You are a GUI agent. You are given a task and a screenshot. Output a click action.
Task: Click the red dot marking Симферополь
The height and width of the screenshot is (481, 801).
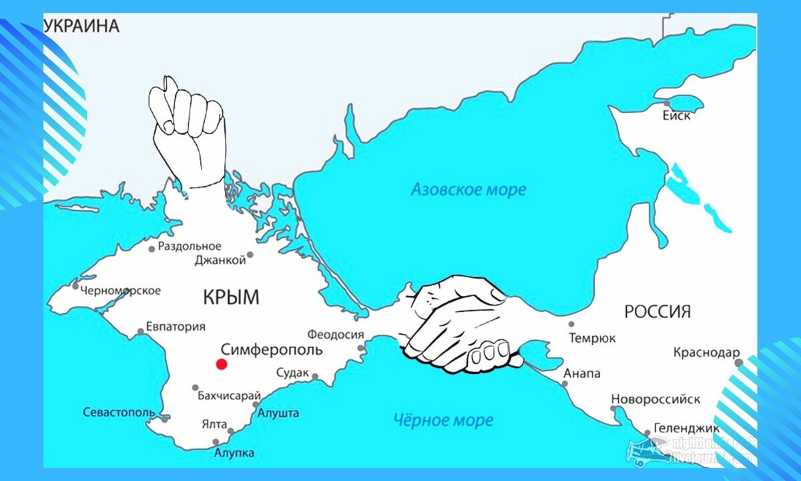click(x=222, y=364)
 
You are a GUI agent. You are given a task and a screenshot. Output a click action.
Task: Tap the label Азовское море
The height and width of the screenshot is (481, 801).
click(x=468, y=190)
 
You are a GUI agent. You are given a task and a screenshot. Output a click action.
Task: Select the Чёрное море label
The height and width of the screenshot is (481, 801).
click(x=443, y=420)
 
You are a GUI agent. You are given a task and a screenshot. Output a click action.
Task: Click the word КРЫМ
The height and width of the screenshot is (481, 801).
click(x=230, y=297)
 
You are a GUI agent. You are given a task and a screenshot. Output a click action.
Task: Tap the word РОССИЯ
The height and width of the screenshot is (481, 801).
click(x=657, y=311)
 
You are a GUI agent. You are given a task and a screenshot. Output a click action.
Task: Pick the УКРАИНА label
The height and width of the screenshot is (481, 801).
click(x=81, y=27)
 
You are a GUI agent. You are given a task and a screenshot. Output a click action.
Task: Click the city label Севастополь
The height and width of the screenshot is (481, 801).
click(x=119, y=412)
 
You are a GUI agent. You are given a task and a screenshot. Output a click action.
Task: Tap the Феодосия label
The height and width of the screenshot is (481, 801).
click(x=336, y=335)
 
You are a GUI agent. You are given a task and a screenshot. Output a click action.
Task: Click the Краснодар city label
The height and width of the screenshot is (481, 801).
click(x=706, y=352)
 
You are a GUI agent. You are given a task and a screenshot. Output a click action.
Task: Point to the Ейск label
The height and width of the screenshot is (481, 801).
click(x=676, y=116)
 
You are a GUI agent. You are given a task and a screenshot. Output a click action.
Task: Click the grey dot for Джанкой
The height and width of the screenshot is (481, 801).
click(x=250, y=255)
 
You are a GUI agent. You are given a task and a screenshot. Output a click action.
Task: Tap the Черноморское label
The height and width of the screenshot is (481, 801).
click(x=120, y=290)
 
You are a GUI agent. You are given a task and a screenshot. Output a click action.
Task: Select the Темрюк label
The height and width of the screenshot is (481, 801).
click(x=592, y=338)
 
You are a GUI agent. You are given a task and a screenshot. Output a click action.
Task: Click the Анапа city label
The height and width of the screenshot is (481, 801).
click(x=581, y=373)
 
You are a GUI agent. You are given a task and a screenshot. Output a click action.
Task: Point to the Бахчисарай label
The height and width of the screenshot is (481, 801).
click(x=228, y=395)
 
